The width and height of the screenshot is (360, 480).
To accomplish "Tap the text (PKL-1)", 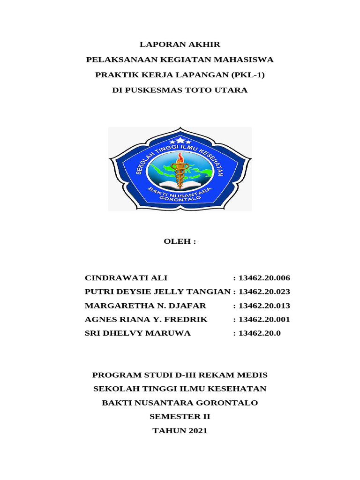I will pos(244,75).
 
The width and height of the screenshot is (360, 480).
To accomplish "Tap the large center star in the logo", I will pos(180,139).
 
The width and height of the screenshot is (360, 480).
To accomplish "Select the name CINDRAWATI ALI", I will pos(126,278).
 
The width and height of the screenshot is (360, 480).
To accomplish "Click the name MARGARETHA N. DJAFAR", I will pos(145,306).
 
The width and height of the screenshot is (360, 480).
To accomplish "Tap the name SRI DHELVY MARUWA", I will pos(138,333).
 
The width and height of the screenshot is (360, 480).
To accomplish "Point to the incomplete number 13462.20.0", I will pos(259,333).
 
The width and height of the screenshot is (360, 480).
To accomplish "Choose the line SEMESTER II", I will pos(180,416).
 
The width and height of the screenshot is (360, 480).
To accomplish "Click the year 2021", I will pos(196,430).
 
